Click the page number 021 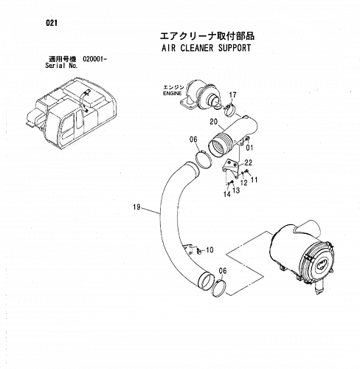[52, 23]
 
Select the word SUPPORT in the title [235, 48]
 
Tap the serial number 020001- [95, 59]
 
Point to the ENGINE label [173, 94]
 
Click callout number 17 [232, 94]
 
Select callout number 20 [214, 122]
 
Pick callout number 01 [249, 148]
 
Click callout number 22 [249, 162]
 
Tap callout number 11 [254, 180]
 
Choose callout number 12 [243, 183]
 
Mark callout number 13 [236, 190]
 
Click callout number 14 [227, 194]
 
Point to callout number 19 [136, 207]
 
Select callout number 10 [210, 250]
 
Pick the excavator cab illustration [72, 113]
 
